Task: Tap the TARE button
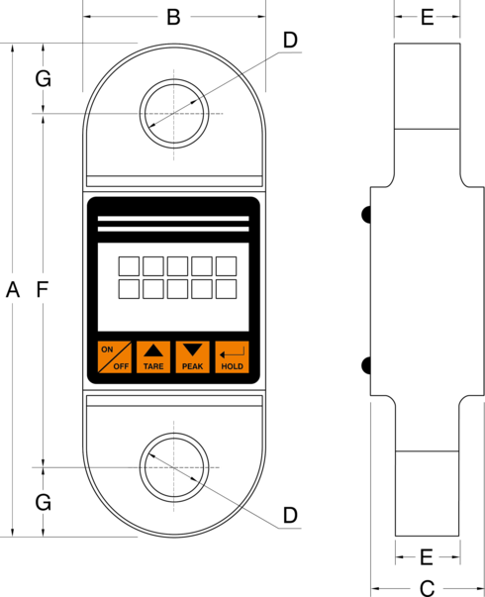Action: coord(153,357)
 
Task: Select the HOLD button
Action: coord(231,357)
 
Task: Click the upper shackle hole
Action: coord(174,114)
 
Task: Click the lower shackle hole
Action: coord(174,465)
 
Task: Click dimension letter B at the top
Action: coord(173,17)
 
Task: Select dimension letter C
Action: coord(427,588)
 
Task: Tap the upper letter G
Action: coord(43,79)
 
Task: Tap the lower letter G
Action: coord(43,502)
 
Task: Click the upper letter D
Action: coord(289,40)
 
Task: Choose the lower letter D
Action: coord(289,515)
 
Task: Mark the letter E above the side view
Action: coord(427,17)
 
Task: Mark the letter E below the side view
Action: coord(427,555)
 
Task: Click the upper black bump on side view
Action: coord(366,214)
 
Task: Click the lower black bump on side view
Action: coord(366,366)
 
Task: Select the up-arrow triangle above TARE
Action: coord(153,349)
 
